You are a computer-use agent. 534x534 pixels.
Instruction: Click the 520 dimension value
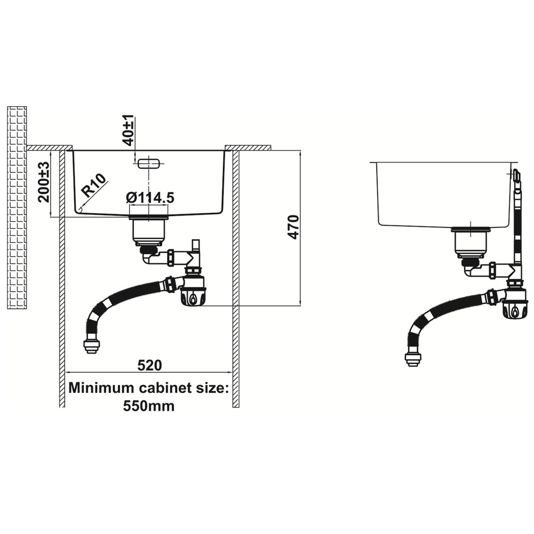(150, 366)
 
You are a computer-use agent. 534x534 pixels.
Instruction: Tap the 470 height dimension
(292, 227)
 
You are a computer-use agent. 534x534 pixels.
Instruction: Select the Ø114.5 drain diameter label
(151, 198)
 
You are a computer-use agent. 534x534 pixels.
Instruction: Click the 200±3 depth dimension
(44, 183)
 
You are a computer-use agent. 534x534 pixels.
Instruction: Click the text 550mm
(149, 405)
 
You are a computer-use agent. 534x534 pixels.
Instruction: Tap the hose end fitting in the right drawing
(413, 359)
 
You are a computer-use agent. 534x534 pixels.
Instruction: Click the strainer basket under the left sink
(150, 230)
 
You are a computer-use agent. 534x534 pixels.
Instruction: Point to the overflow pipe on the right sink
(517, 224)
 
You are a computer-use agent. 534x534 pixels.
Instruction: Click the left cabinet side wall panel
(61, 278)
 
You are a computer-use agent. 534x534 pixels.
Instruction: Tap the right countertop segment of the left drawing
(248, 147)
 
